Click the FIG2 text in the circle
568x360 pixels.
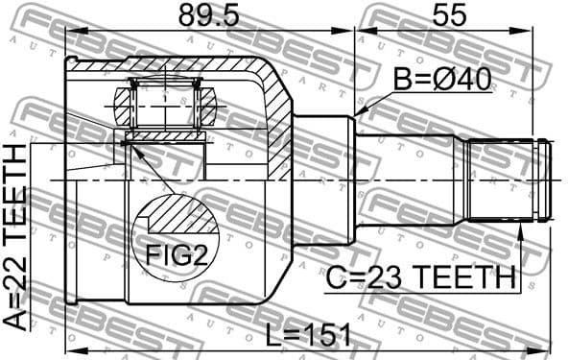175,255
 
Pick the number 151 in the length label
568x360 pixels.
326,335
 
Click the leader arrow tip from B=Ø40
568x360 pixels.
358,114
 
